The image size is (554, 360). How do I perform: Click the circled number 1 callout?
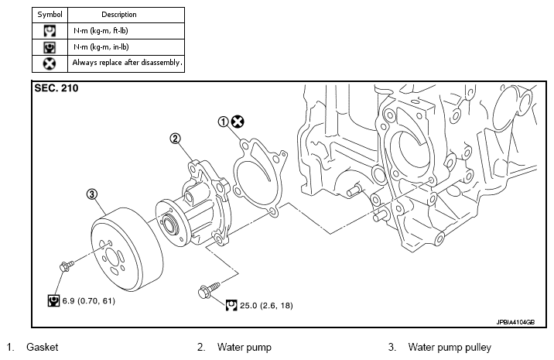[223, 122]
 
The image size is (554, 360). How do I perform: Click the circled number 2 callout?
[175, 139]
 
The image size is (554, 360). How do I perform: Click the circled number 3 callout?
[92, 194]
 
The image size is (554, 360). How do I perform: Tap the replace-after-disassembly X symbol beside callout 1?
[238, 122]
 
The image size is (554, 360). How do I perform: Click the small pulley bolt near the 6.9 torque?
[67, 266]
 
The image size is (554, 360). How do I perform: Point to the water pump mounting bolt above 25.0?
[209, 290]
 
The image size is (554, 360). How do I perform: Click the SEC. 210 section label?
[56, 88]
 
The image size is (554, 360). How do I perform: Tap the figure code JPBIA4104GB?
[515, 322]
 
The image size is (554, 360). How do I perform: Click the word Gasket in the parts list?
[43, 347]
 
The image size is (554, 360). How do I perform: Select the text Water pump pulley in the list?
[450, 348]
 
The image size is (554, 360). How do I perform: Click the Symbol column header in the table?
[50, 15]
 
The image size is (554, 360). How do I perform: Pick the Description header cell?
[119, 15]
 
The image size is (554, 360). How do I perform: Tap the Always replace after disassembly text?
[127, 63]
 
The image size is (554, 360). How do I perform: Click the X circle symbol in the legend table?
[50, 63]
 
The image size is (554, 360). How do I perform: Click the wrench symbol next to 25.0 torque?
[231, 306]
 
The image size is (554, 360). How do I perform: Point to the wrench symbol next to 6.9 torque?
[53, 300]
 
